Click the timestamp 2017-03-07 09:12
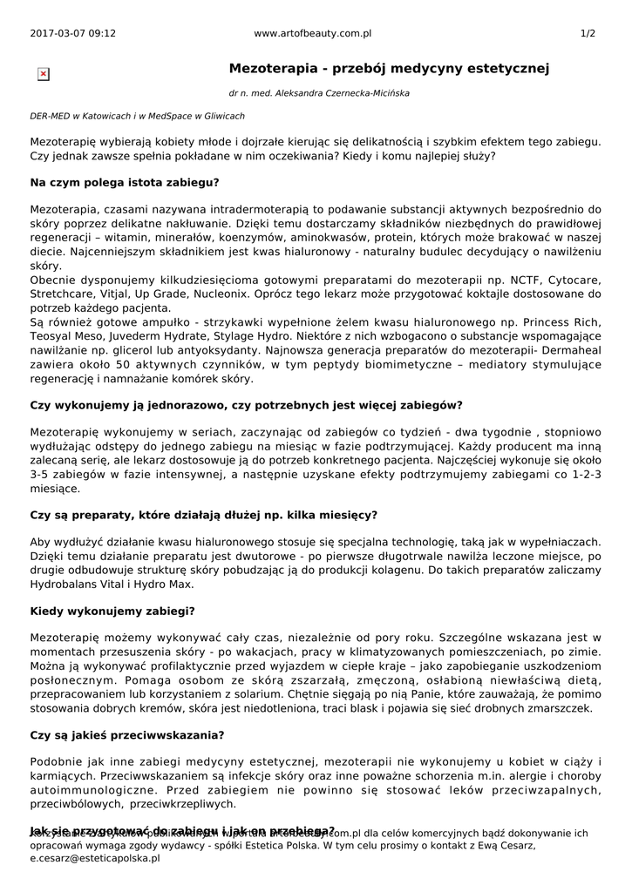coord(72,33)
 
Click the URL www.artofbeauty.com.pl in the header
coord(313,33)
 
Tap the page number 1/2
coord(588,33)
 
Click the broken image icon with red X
coord(44,75)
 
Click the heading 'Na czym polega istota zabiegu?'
coord(125,182)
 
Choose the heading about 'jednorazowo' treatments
coord(246,405)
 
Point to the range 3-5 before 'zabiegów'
coord(42,475)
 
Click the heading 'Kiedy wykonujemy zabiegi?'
coord(112,611)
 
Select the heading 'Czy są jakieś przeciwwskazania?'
coord(127,734)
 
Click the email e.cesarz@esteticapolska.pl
coord(95,858)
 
